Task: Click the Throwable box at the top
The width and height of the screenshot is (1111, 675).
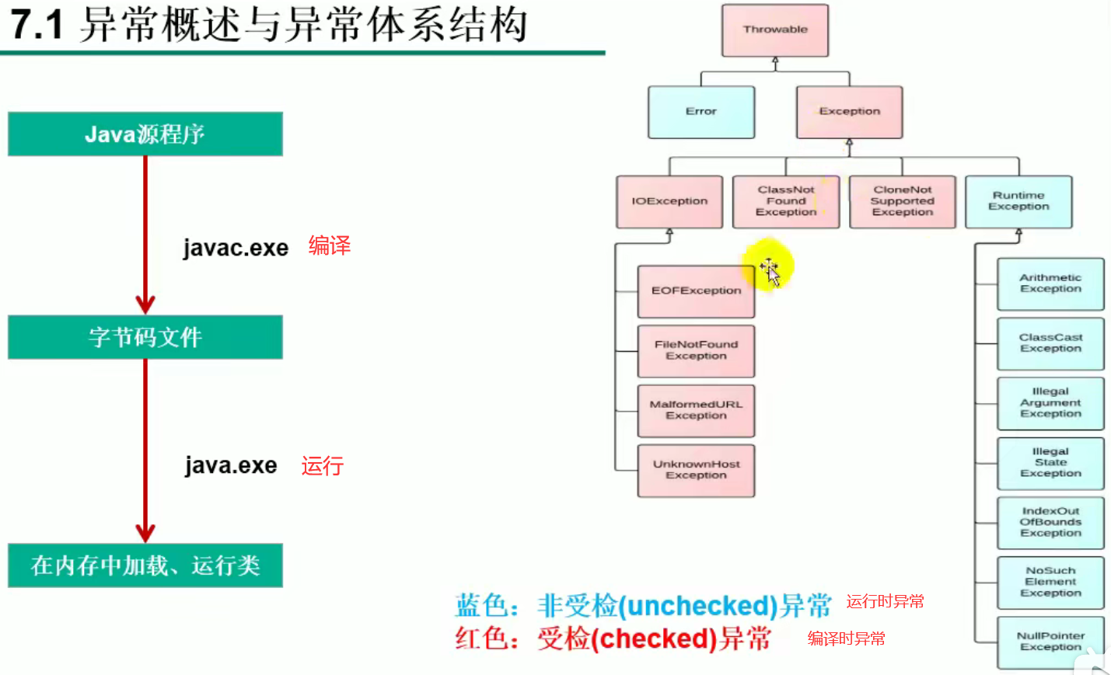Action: pos(775,30)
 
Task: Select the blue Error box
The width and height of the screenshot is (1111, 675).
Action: pos(701,112)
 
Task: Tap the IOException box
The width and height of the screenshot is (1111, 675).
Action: pos(669,201)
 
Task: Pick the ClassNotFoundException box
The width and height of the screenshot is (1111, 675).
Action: pos(786,201)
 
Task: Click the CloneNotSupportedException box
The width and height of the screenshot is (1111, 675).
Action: pos(903,201)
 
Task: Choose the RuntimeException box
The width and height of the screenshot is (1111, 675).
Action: pos(1018,201)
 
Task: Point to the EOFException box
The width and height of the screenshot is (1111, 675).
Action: pos(696,291)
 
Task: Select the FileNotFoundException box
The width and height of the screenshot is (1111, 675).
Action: pos(696,350)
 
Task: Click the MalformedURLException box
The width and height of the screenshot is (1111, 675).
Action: pos(696,410)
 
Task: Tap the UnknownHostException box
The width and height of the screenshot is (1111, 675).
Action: pos(696,470)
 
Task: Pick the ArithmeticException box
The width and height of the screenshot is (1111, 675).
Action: pos(1050,284)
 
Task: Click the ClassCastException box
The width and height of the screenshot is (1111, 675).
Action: pos(1050,343)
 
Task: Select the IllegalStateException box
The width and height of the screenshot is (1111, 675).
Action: pos(1050,463)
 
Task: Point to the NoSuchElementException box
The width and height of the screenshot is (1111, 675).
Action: pos(1050,582)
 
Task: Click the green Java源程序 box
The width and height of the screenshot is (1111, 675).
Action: pos(145,134)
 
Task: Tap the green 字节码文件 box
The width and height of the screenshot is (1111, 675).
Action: pos(145,337)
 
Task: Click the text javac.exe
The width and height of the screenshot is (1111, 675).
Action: pos(236,248)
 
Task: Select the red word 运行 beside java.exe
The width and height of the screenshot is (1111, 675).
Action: pos(323,466)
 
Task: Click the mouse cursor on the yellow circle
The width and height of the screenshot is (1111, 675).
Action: pos(769,270)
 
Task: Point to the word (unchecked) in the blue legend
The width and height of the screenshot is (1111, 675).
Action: pos(698,606)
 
